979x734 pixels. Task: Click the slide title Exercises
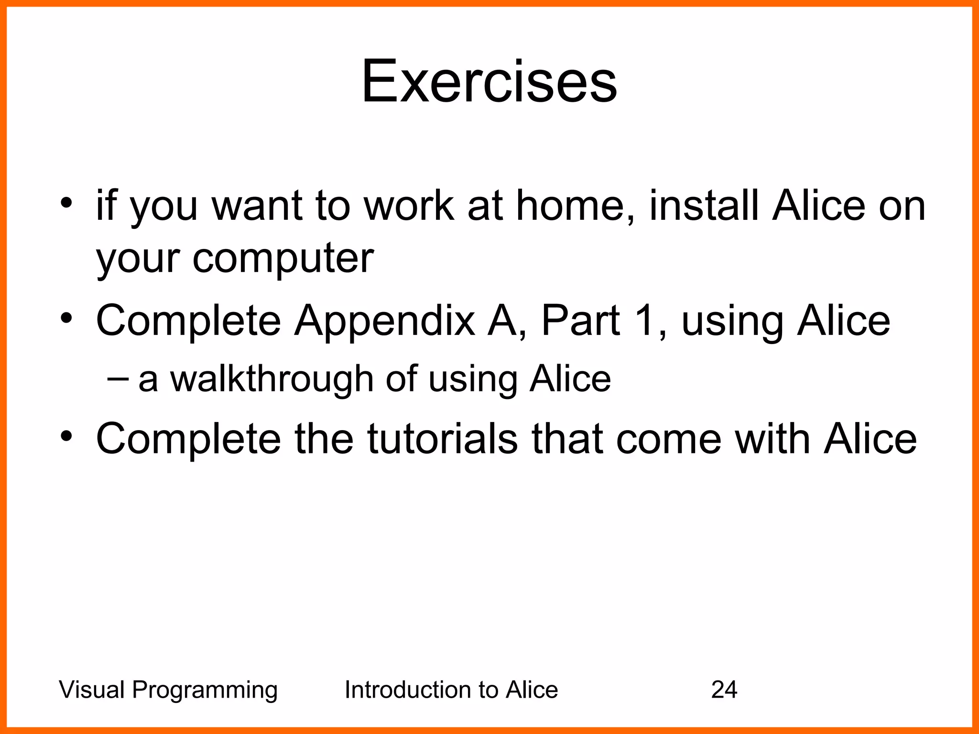click(489, 81)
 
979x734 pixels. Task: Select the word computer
click(283, 259)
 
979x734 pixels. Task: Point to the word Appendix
click(384, 321)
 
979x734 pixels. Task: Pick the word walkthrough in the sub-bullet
click(272, 378)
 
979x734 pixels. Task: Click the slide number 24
click(724, 690)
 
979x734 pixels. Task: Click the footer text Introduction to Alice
click(451, 690)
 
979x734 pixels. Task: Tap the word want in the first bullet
click(257, 206)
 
